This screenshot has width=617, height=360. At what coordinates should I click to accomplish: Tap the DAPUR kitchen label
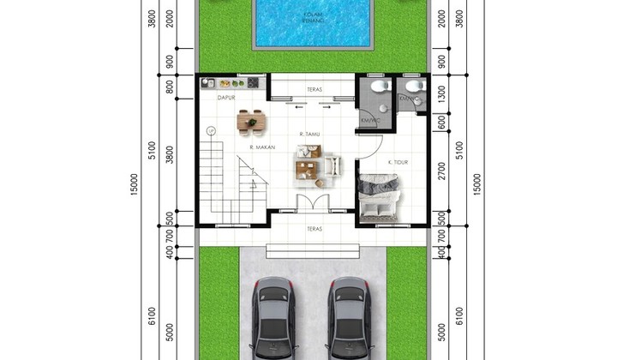coord(226,99)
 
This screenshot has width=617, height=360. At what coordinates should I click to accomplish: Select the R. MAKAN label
coord(262,147)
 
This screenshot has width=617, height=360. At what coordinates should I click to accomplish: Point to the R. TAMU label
coord(310,135)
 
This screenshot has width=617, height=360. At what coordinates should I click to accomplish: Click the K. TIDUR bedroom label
coord(397,162)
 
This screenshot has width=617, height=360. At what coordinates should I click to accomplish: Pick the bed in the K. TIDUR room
coord(377,195)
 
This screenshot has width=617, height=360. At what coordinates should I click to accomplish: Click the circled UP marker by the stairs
coord(211,130)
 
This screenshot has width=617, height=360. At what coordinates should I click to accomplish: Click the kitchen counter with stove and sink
coord(230,84)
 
